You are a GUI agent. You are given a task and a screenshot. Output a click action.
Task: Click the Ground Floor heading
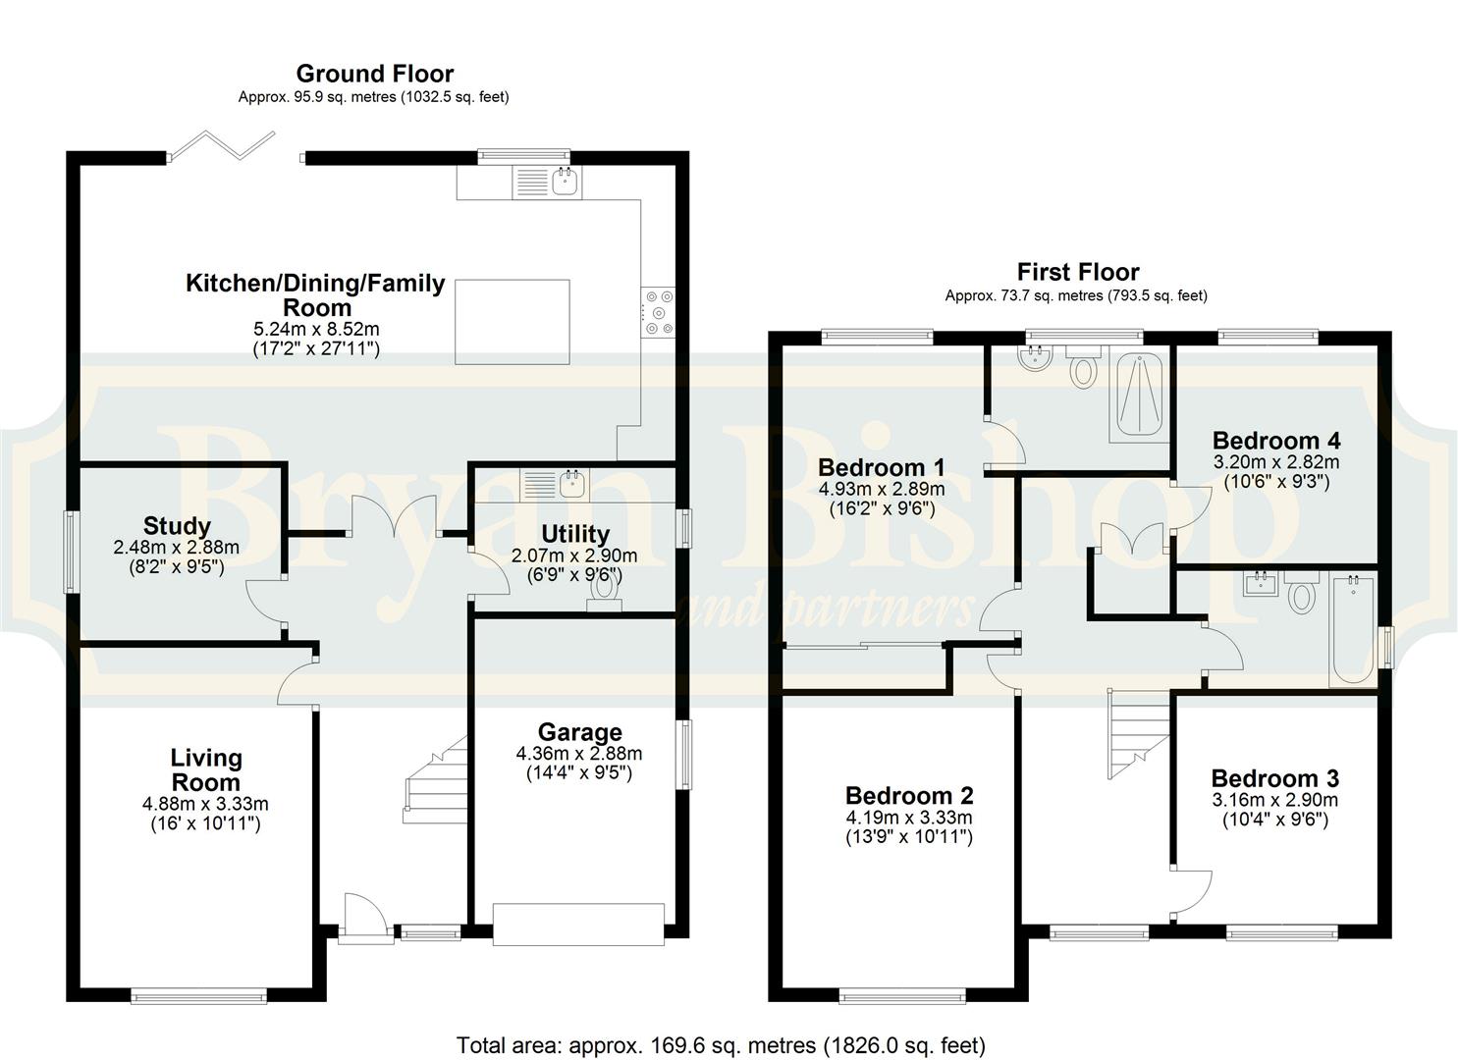tap(375, 74)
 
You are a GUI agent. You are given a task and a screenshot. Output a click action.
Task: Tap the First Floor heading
tap(1078, 271)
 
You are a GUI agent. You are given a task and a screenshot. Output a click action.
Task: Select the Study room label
tap(177, 525)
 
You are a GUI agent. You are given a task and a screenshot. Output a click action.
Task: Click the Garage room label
tap(580, 733)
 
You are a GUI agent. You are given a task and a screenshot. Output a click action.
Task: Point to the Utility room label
tap(575, 534)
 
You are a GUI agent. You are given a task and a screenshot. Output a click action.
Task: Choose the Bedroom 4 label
tap(1276, 441)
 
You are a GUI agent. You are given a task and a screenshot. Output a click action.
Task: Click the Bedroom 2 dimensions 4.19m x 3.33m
tap(909, 818)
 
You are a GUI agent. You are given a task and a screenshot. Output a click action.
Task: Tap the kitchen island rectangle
tap(513, 322)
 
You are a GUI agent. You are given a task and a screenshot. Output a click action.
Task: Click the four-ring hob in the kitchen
tap(658, 313)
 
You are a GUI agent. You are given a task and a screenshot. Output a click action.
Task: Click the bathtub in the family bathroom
tap(1353, 629)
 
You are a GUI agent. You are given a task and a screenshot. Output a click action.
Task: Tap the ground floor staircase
tap(435, 780)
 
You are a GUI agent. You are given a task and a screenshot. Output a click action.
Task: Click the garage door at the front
tap(578, 924)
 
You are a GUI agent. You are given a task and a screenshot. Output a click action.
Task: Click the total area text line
tap(721, 1027)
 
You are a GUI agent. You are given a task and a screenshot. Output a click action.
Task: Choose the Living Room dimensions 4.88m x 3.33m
tap(205, 804)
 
